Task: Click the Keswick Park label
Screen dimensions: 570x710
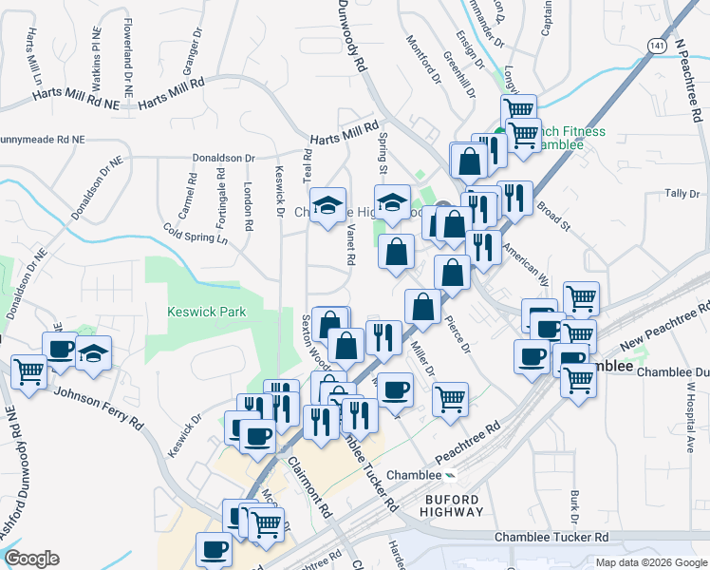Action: tap(206, 311)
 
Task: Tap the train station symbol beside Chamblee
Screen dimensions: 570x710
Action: tap(451, 475)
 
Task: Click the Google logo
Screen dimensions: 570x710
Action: tap(31, 559)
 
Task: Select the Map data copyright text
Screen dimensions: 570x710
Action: tap(651, 561)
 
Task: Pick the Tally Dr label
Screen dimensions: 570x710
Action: tap(682, 194)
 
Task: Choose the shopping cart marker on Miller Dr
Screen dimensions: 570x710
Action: tap(450, 397)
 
